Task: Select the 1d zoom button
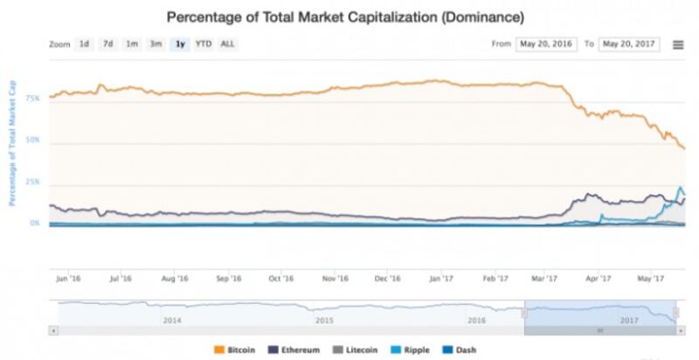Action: (x=84, y=44)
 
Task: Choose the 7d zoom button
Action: (x=107, y=44)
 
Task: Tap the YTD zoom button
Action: (x=203, y=44)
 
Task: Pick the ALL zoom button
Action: (x=227, y=44)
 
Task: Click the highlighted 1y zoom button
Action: (x=180, y=44)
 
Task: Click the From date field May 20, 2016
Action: (x=546, y=44)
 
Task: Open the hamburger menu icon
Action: (x=678, y=44)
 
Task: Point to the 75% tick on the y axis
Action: (x=32, y=100)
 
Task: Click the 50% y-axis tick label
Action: (x=32, y=140)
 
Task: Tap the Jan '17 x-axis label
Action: (x=442, y=279)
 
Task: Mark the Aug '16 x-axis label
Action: (x=176, y=279)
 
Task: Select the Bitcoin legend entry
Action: (x=235, y=350)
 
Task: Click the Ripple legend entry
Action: (x=411, y=350)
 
